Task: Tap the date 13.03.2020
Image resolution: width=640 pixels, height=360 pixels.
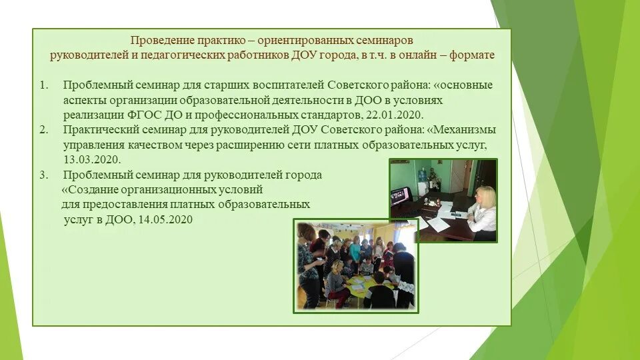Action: pyautogui.click(x=92, y=159)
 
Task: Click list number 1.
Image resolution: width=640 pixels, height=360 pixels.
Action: pyautogui.click(x=44, y=85)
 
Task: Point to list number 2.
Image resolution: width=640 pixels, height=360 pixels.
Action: pyautogui.click(x=44, y=129)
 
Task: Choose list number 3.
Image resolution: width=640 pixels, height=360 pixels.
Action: pyautogui.click(x=44, y=175)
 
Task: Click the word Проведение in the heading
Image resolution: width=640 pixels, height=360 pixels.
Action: pyautogui.click(x=159, y=40)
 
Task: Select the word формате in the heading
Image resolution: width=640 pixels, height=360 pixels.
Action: pyautogui.click(x=472, y=55)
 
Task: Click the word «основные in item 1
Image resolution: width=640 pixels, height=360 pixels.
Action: pyautogui.click(x=460, y=85)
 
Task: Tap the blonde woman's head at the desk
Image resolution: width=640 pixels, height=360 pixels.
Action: pyautogui.click(x=484, y=196)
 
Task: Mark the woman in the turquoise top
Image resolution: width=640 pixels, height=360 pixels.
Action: pyautogui.click(x=355, y=251)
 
